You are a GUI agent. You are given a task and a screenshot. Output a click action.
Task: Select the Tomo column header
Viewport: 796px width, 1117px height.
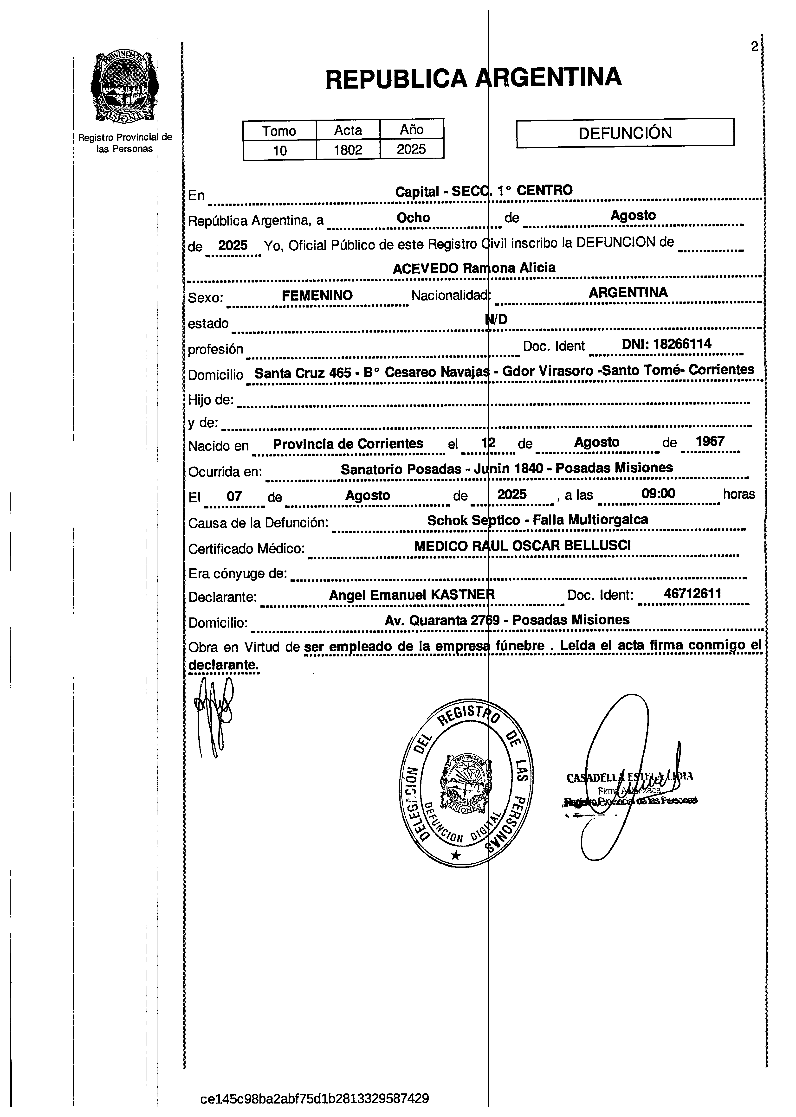click(279, 131)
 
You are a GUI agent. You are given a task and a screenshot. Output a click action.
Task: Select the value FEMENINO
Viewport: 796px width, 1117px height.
click(317, 295)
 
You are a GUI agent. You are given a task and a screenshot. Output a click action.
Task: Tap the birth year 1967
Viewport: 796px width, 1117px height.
click(710, 441)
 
